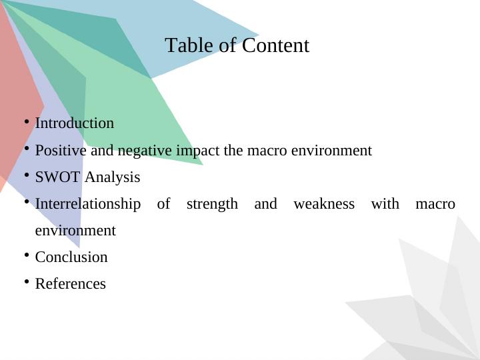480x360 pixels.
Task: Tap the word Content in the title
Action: click(275, 45)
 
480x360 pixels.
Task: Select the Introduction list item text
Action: click(74, 123)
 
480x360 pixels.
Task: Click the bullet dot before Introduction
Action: click(26, 122)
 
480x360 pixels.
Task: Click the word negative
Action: click(145, 151)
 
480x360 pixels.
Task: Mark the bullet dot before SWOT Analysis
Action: click(26, 175)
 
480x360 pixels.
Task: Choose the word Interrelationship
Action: click(87, 204)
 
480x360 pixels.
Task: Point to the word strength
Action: click(212, 204)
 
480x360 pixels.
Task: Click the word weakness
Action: click(324, 204)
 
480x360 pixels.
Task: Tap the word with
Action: click(385, 204)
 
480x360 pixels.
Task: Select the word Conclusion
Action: click(71, 257)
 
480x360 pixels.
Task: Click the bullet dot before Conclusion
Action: click(26, 255)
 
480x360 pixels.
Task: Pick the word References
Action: click(70, 284)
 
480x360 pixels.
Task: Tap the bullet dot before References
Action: click(26, 282)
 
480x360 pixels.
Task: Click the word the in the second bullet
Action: click(233, 151)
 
